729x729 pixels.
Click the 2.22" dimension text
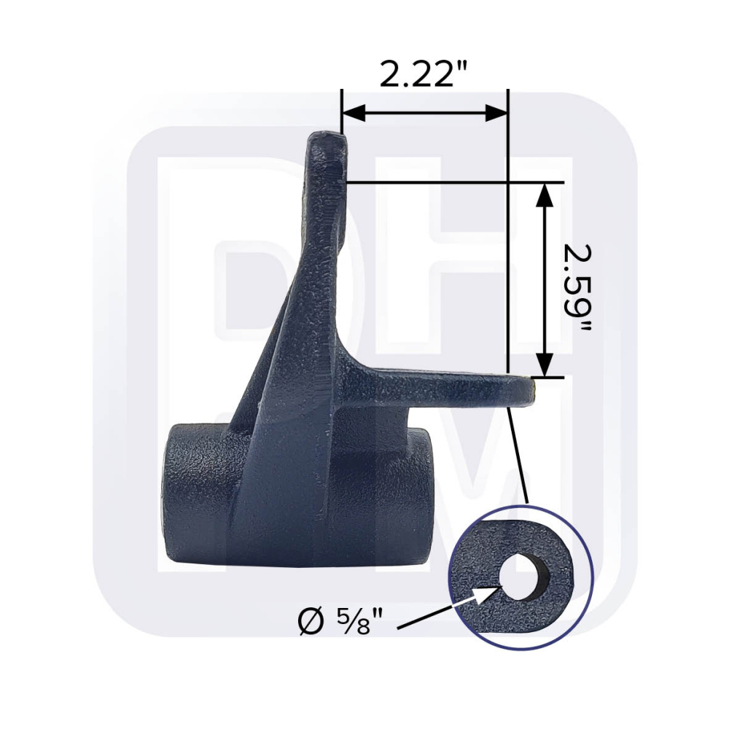pos(424,74)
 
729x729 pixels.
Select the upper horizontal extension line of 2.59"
pos(452,182)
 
